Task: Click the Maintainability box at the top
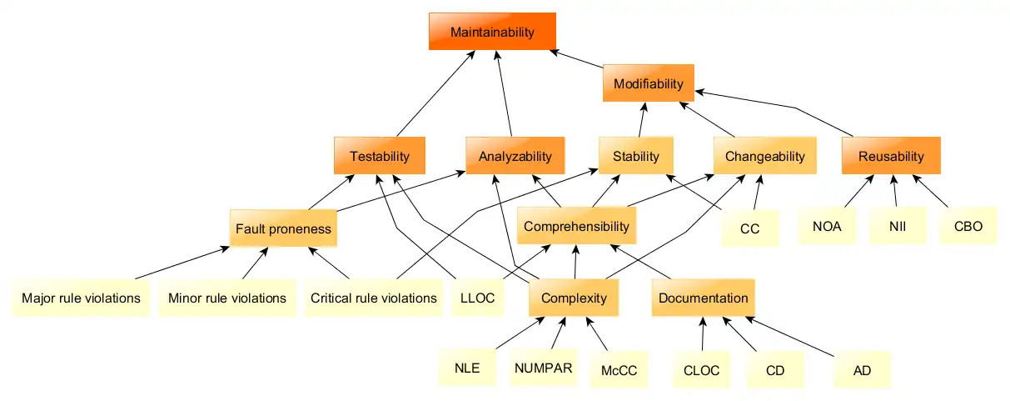491,32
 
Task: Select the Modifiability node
648,83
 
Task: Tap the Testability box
379,156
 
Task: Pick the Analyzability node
515,156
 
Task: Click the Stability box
635,156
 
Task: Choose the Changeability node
764,156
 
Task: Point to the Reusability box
890,156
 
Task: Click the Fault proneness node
283,228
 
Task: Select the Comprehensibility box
576,226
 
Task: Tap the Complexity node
574,298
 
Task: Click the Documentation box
703,298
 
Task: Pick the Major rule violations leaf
81,298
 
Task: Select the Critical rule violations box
373,298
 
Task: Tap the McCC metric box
618,370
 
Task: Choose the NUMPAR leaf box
543,368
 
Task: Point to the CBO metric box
968,225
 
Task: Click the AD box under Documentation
862,370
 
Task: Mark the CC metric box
749,228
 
